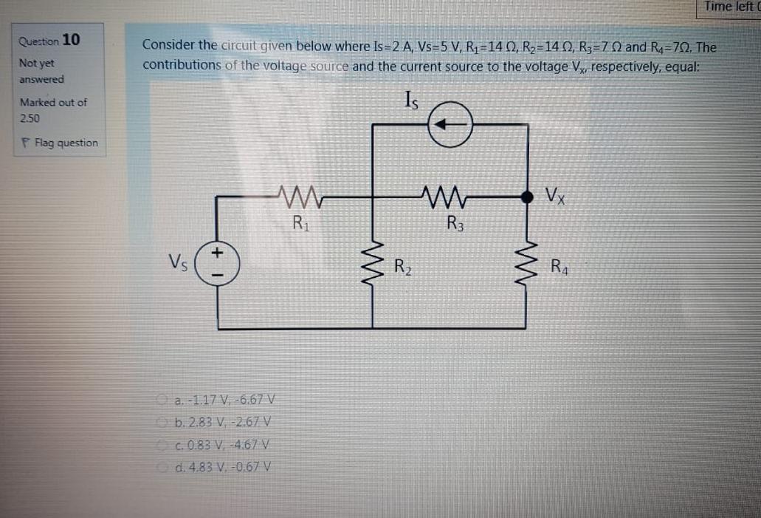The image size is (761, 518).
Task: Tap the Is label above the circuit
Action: click(411, 99)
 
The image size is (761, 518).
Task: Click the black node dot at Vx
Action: click(527, 197)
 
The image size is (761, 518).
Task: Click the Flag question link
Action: click(63, 143)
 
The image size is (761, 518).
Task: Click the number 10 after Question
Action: click(72, 39)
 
